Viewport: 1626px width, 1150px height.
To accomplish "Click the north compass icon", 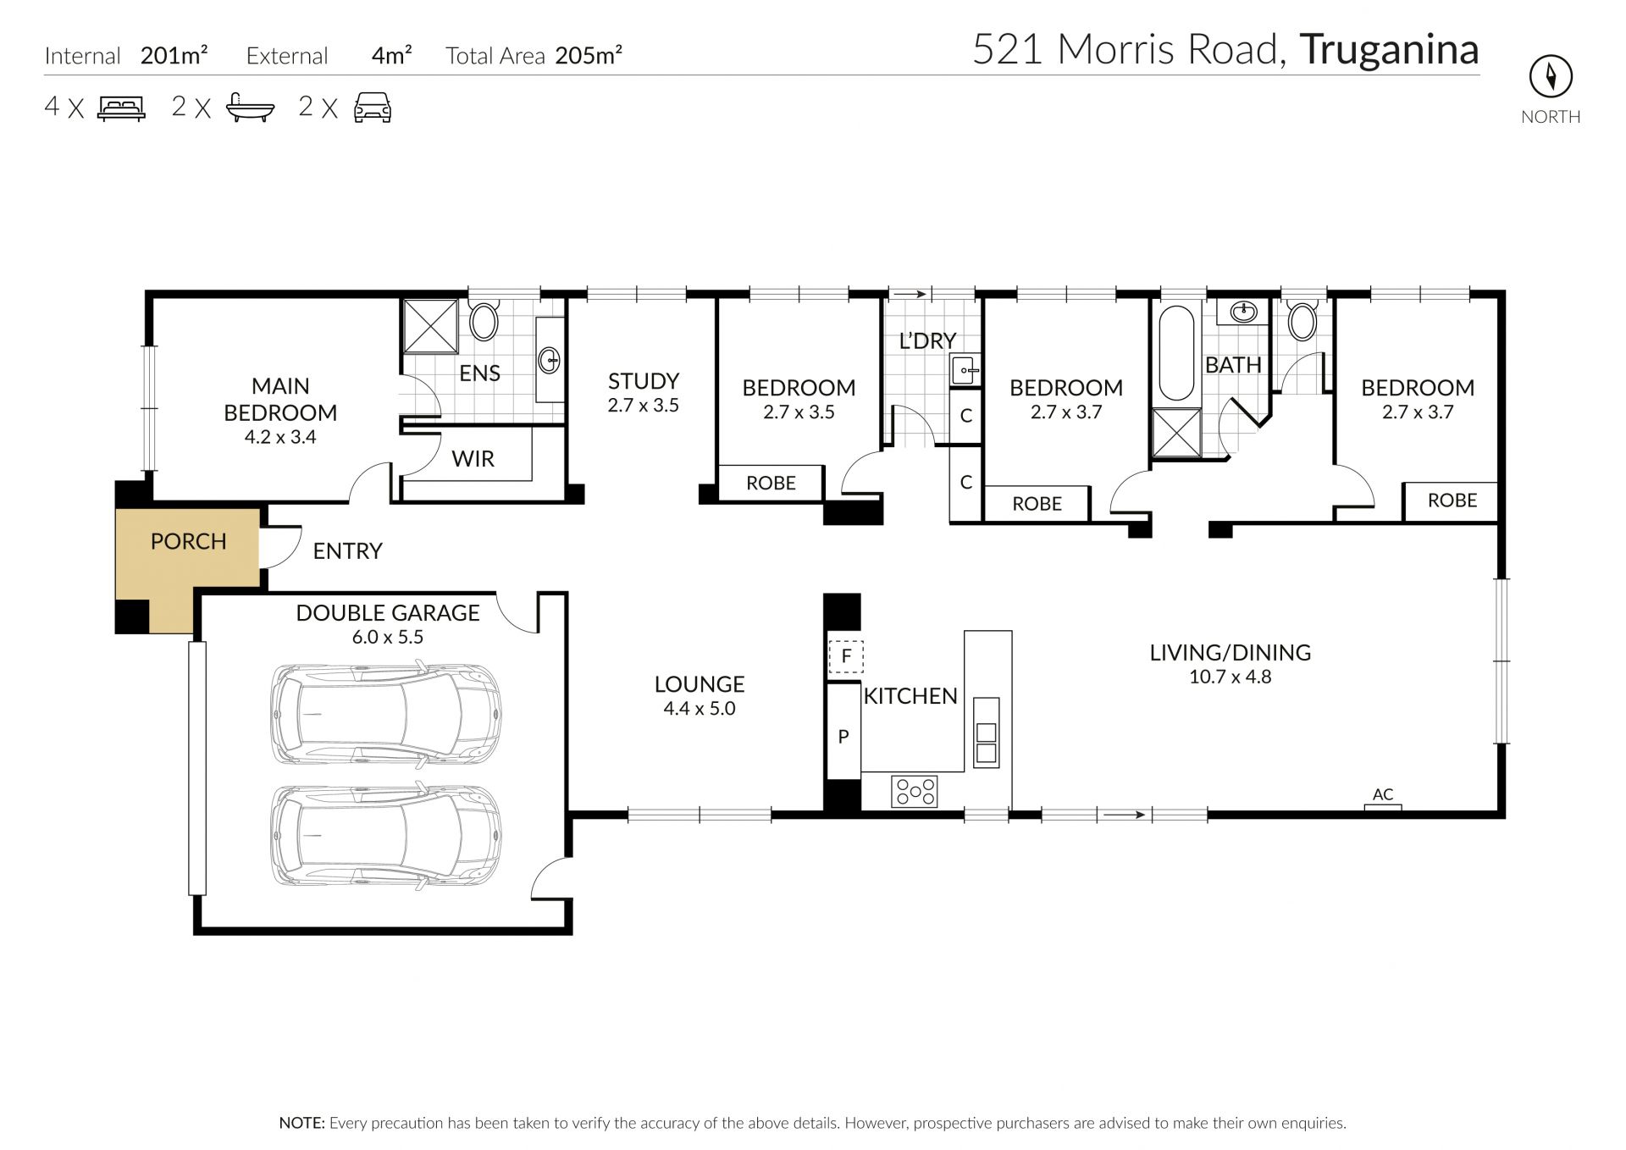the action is (1551, 78).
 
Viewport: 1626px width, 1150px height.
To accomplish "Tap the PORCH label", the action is (188, 541).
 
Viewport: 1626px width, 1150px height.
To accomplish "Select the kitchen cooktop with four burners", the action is (915, 791).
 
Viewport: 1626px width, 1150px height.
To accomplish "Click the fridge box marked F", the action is (845, 655).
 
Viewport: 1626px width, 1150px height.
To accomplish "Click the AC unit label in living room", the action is (1383, 794).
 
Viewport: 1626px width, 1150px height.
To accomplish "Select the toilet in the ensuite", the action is (484, 321).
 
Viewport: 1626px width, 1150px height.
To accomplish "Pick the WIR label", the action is (473, 459).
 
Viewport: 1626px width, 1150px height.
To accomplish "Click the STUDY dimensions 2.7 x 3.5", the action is (643, 406).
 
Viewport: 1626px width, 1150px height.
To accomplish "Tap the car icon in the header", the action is (373, 108).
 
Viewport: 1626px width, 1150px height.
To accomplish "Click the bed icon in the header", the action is (122, 108).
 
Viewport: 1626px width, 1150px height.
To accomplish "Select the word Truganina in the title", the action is (1389, 49).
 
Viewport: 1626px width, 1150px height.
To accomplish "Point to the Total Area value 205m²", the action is (589, 55).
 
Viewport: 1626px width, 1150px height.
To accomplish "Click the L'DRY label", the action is (927, 340).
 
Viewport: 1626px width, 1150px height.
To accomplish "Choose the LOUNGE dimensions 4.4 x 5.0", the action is (700, 709).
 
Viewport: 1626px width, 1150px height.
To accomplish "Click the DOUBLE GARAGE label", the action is (388, 612).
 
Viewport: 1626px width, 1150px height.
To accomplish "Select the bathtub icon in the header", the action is (251, 108).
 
